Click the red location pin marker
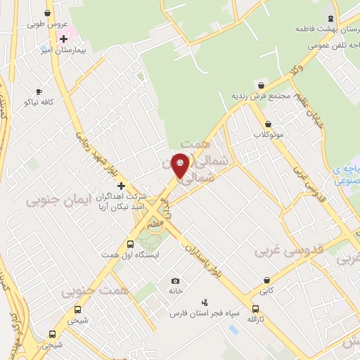click(181, 164)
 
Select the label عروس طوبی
click(44, 23)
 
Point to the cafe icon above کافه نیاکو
click(39, 91)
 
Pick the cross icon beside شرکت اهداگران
click(121, 186)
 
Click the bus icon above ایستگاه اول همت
click(129, 243)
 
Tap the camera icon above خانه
click(175, 281)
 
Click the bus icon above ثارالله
click(255, 309)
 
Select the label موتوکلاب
click(269, 134)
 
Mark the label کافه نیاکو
click(39, 102)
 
